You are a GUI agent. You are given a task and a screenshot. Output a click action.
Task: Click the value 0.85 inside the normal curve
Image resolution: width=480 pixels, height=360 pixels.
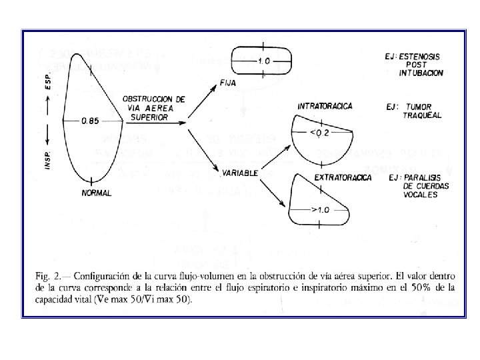point(90,121)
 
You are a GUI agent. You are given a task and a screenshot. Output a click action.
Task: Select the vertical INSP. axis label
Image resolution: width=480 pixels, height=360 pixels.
point(48,154)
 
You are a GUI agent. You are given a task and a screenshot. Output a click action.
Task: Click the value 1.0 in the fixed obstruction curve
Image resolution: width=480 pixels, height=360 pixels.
point(263,61)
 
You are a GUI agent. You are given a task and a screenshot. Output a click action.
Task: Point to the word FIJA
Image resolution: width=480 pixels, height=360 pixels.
point(227,83)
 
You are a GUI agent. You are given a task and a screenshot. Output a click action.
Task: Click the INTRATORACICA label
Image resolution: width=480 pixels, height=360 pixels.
point(325,106)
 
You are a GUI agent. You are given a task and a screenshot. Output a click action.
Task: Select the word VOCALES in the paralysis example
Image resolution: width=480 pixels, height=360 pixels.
point(421,195)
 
